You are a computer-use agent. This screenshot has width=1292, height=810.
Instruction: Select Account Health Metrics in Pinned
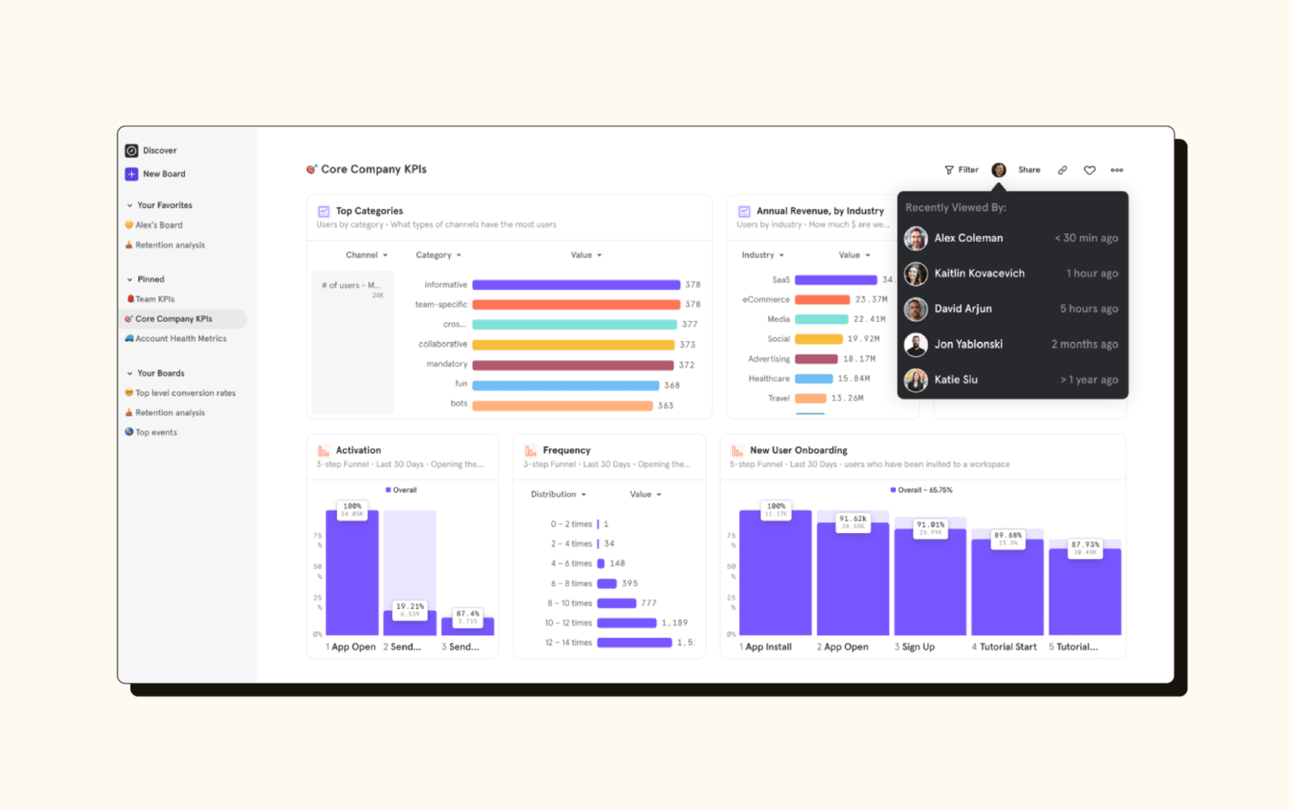coord(180,339)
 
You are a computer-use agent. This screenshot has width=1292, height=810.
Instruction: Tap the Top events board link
coord(156,433)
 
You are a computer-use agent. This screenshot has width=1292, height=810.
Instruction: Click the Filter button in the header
coord(961,170)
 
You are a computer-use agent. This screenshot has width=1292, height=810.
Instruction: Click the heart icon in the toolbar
coord(1090,170)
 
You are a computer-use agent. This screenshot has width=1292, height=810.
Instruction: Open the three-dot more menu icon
coord(1116,170)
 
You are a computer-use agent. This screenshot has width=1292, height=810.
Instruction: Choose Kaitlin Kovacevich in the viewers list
coord(979,274)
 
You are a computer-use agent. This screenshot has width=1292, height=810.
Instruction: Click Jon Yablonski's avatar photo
coord(916,344)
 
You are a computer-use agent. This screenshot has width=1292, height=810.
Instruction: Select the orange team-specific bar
coord(576,305)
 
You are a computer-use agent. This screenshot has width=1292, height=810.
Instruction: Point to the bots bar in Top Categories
coord(562,406)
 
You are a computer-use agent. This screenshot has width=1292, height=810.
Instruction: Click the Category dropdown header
coord(438,255)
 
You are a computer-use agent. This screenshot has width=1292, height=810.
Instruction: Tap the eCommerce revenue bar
coord(822,300)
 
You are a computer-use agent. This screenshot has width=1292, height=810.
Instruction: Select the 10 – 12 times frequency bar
coord(626,623)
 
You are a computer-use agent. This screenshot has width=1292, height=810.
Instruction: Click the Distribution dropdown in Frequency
coord(558,494)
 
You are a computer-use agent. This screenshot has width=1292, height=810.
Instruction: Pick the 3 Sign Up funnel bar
coord(930,581)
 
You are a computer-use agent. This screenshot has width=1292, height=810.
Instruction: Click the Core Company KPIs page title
coord(373,169)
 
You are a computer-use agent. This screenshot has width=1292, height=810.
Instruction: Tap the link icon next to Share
coord(1063,170)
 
